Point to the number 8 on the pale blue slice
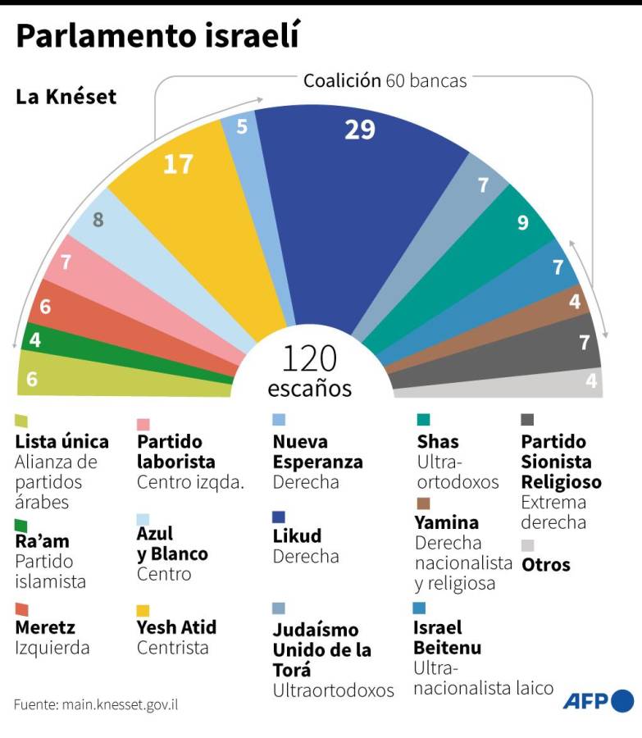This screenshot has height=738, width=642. click(98, 220)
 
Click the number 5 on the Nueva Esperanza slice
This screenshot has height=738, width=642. click(242, 126)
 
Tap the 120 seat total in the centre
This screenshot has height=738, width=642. click(309, 359)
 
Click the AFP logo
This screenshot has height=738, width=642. click(598, 701)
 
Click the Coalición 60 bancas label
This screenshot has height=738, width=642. click(385, 80)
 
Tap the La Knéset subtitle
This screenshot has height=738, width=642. click(66, 97)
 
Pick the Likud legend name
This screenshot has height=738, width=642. click(297, 536)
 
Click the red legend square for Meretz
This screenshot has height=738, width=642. click(21, 609)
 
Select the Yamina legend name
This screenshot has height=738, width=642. click(446, 522)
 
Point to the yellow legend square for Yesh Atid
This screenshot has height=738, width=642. click(143, 610)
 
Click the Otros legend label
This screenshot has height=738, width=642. click(545, 565)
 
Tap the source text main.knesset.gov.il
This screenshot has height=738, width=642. click(96, 704)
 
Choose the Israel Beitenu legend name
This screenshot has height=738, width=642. click(447, 638)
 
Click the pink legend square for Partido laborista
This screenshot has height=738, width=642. click(143, 424)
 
